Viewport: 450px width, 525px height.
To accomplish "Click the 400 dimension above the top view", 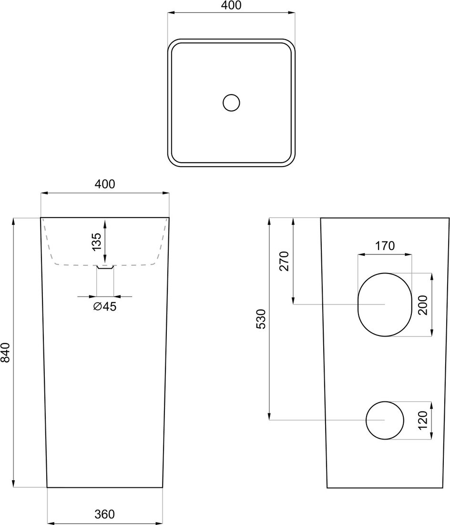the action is [231, 5].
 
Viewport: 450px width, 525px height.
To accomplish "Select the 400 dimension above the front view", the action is [105, 184].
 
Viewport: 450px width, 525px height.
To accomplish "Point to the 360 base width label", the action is [105, 514].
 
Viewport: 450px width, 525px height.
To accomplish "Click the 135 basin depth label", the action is [96, 241].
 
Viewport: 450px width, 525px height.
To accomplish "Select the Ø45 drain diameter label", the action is [105, 306].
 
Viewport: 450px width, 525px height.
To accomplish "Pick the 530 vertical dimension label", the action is [261, 319].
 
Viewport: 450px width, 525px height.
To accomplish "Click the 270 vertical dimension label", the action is [284, 261].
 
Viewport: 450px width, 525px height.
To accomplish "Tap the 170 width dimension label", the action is [385, 246].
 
